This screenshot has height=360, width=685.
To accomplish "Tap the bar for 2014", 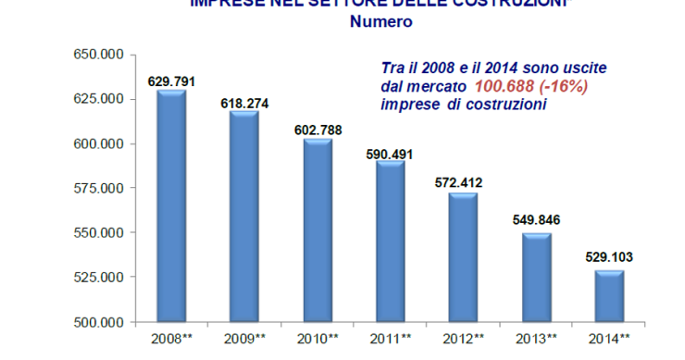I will click(608, 295).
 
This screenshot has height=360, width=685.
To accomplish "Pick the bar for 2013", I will click(535, 277).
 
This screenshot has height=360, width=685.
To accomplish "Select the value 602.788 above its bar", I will click(317, 130).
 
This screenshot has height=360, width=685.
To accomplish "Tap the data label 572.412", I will click(462, 182).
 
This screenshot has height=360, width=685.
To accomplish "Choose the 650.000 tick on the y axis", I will click(99, 56).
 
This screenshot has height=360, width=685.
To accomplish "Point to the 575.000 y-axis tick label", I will click(99, 189).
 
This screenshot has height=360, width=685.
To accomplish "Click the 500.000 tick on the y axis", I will click(99, 323).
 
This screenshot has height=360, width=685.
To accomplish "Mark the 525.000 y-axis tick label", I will click(99, 278).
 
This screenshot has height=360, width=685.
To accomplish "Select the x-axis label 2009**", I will click(244, 339).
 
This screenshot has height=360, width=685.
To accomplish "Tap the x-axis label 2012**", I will click(462, 339).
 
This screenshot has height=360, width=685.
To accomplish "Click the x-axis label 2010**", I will click(317, 339).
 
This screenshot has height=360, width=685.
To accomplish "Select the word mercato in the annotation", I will click(439, 86).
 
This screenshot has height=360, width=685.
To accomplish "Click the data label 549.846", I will click(535, 220).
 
